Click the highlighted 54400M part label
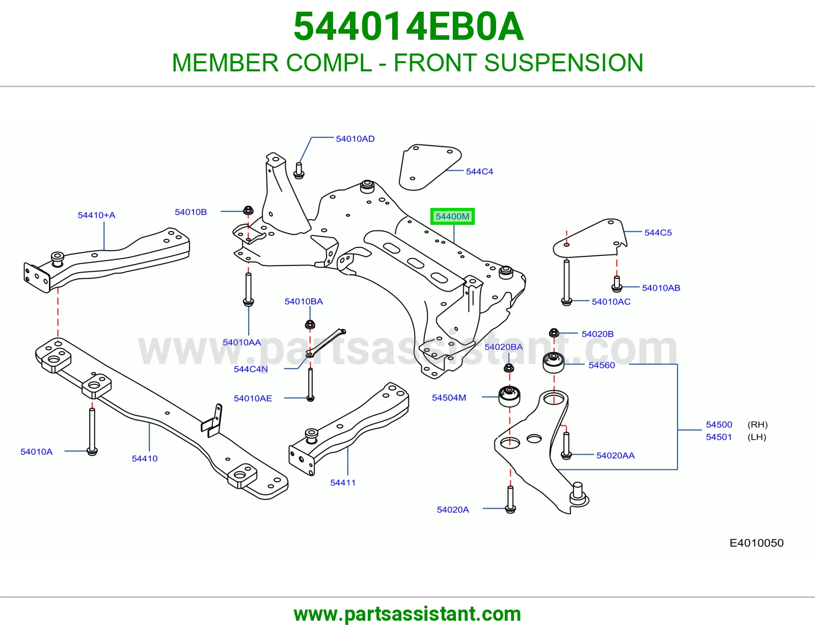click(452, 216)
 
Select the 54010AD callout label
click(355, 139)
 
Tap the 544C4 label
click(479, 172)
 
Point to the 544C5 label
click(658, 233)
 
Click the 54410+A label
click(96, 215)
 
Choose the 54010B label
click(191, 212)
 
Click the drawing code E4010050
click(756, 543)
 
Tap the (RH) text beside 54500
click(757, 425)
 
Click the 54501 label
click(719, 437)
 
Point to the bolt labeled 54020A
click(510, 499)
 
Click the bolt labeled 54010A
click(92, 432)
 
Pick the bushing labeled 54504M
click(509, 396)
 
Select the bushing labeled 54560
click(554, 362)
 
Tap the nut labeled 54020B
click(554, 333)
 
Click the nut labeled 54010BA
click(310, 324)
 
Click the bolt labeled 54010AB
click(616, 284)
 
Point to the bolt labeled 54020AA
click(566, 445)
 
